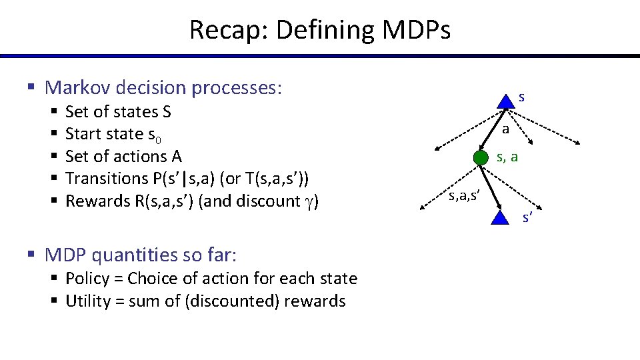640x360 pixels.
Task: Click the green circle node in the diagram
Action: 481,158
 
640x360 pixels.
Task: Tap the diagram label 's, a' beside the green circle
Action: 507,157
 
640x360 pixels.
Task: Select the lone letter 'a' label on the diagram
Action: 505,129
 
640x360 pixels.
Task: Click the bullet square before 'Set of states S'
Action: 52,111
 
